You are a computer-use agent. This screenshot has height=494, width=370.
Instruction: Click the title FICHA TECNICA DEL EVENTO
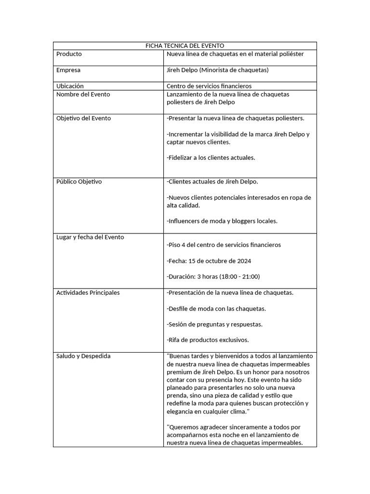(x=185, y=46)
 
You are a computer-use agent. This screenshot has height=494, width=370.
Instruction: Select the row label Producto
(x=69, y=54)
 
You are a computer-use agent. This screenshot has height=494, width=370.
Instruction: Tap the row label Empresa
(x=68, y=70)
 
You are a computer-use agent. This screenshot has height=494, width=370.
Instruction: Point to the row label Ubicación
(x=70, y=86)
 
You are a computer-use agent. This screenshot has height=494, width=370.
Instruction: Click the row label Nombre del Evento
(x=83, y=94)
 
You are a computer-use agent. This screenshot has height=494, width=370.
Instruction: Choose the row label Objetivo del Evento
(x=83, y=118)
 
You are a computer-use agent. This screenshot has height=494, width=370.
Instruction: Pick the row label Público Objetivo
(x=79, y=181)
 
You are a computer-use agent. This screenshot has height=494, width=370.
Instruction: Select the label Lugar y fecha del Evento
(x=90, y=237)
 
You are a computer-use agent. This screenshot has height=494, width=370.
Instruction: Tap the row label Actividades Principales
(x=88, y=292)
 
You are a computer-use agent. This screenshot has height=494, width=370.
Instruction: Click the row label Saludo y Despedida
(x=83, y=356)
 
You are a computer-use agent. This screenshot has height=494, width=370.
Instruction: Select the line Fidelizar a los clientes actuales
(x=211, y=158)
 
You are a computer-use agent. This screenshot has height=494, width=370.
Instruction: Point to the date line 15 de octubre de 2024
(x=220, y=261)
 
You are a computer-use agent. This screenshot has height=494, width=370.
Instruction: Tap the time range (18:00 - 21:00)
(x=239, y=276)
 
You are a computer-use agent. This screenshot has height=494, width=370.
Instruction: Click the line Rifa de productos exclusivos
(x=208, y=340)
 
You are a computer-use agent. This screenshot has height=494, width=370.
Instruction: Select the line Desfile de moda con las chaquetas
(x=216, y=308)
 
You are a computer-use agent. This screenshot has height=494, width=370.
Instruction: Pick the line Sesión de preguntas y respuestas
(x=214, y=324)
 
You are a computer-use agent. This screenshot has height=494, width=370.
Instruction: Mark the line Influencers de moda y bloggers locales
(x=222, y=221)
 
